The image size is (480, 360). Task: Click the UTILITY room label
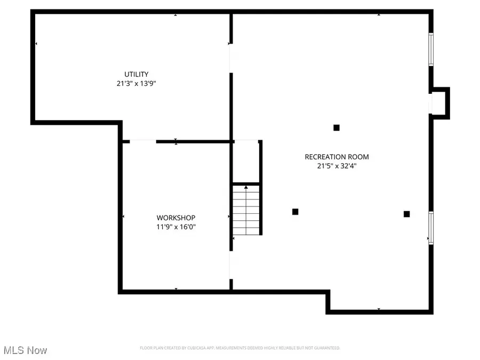point(136,74)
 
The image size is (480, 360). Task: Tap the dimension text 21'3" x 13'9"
point(136,83)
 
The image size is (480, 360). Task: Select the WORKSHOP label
point(175,218)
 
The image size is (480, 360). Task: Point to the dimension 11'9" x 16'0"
point(175,227)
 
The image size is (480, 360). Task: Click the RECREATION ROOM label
point(337,157)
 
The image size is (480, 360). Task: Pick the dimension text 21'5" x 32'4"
point(337,166)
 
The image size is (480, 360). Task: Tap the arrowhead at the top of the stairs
point(246,187)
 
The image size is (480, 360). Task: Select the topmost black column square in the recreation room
point(337,127)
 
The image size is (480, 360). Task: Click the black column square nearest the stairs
point(295,212)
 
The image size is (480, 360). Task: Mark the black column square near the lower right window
point(407,214)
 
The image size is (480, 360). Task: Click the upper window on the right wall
point(431,50)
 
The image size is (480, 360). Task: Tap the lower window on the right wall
point(431,228)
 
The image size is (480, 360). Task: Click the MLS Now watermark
point(26,350)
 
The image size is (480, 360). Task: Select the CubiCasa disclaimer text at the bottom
point(239,348)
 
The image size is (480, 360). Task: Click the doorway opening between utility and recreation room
point(231,58)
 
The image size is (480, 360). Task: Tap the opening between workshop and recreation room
point(231,265)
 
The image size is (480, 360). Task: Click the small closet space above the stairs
point(246,162)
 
